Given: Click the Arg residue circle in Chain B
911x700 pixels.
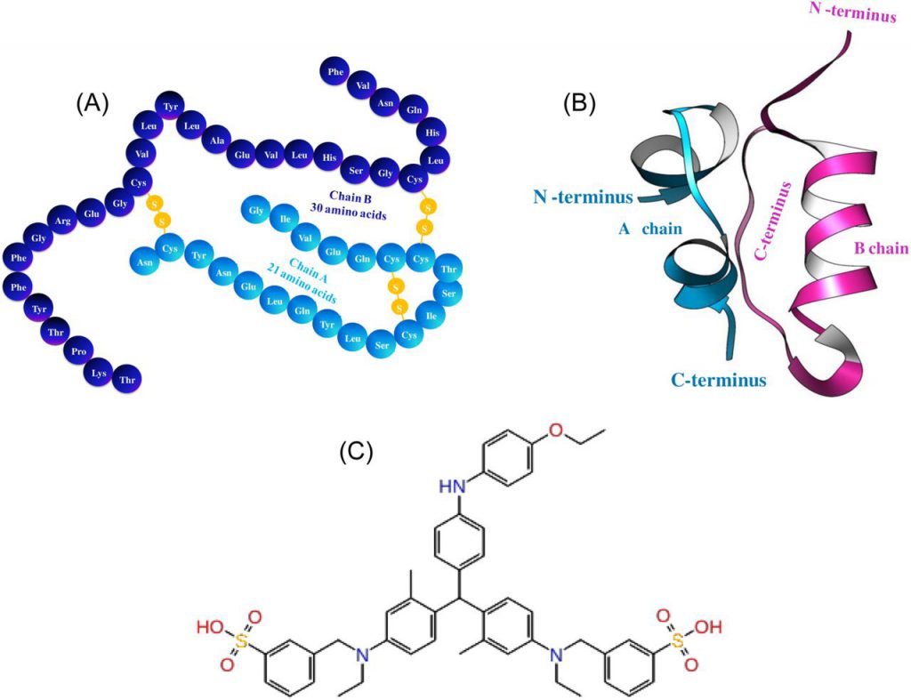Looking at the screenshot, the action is [x=63, y=221].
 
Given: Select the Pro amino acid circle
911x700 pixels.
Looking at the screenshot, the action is [x=78, y=351].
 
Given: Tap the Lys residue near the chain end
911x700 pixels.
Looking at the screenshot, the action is [x=100, y=373].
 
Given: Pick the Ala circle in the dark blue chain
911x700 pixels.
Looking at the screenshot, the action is [x=217, y=140].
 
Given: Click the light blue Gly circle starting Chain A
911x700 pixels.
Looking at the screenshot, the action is [x=256, y=210].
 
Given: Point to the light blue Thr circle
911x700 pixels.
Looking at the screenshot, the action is [x=448, y=269].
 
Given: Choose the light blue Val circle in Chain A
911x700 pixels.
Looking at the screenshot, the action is [x=305, y=237].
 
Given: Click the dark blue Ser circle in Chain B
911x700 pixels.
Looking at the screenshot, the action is [x=356, y=170].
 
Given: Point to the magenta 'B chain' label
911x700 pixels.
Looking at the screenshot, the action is [x=881, y=249].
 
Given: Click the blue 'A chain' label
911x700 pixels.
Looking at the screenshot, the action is [x=650, y=229].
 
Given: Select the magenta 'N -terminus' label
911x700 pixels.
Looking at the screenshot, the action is [x=853, y=12].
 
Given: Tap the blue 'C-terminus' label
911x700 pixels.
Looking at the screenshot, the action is [x=719, y=381].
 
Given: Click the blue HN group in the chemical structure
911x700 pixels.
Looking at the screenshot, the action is [x=452, y=487].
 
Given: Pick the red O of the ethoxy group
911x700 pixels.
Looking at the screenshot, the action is [x=557, y=430].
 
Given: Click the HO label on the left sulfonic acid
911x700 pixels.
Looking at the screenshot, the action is [x=210, y=627].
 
